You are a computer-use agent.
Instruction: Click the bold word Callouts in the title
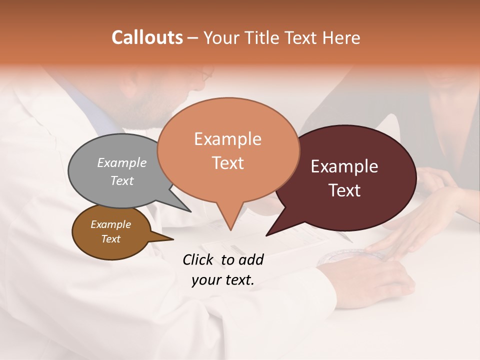pos(147,37)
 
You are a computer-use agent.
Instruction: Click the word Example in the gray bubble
pos(122,163)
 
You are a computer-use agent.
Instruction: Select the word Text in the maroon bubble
pos(345,190)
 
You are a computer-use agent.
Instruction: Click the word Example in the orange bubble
pos(227,139)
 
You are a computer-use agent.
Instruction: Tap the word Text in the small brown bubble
pos(111,239)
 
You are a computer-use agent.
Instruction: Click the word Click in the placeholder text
pos(198,260)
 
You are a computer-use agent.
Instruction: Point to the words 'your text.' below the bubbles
pos(223,280)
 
